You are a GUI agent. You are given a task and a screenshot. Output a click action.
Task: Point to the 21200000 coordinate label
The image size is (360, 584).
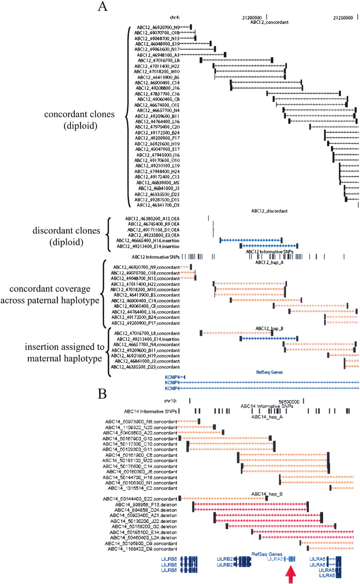pyautogui.click(x=252, y=16)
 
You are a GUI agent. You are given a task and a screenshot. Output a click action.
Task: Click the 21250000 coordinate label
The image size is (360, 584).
pyautogui.click(x=343, y=16)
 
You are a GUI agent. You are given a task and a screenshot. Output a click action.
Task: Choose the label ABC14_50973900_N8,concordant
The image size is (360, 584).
pyautogui.click(x=139, y=421)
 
